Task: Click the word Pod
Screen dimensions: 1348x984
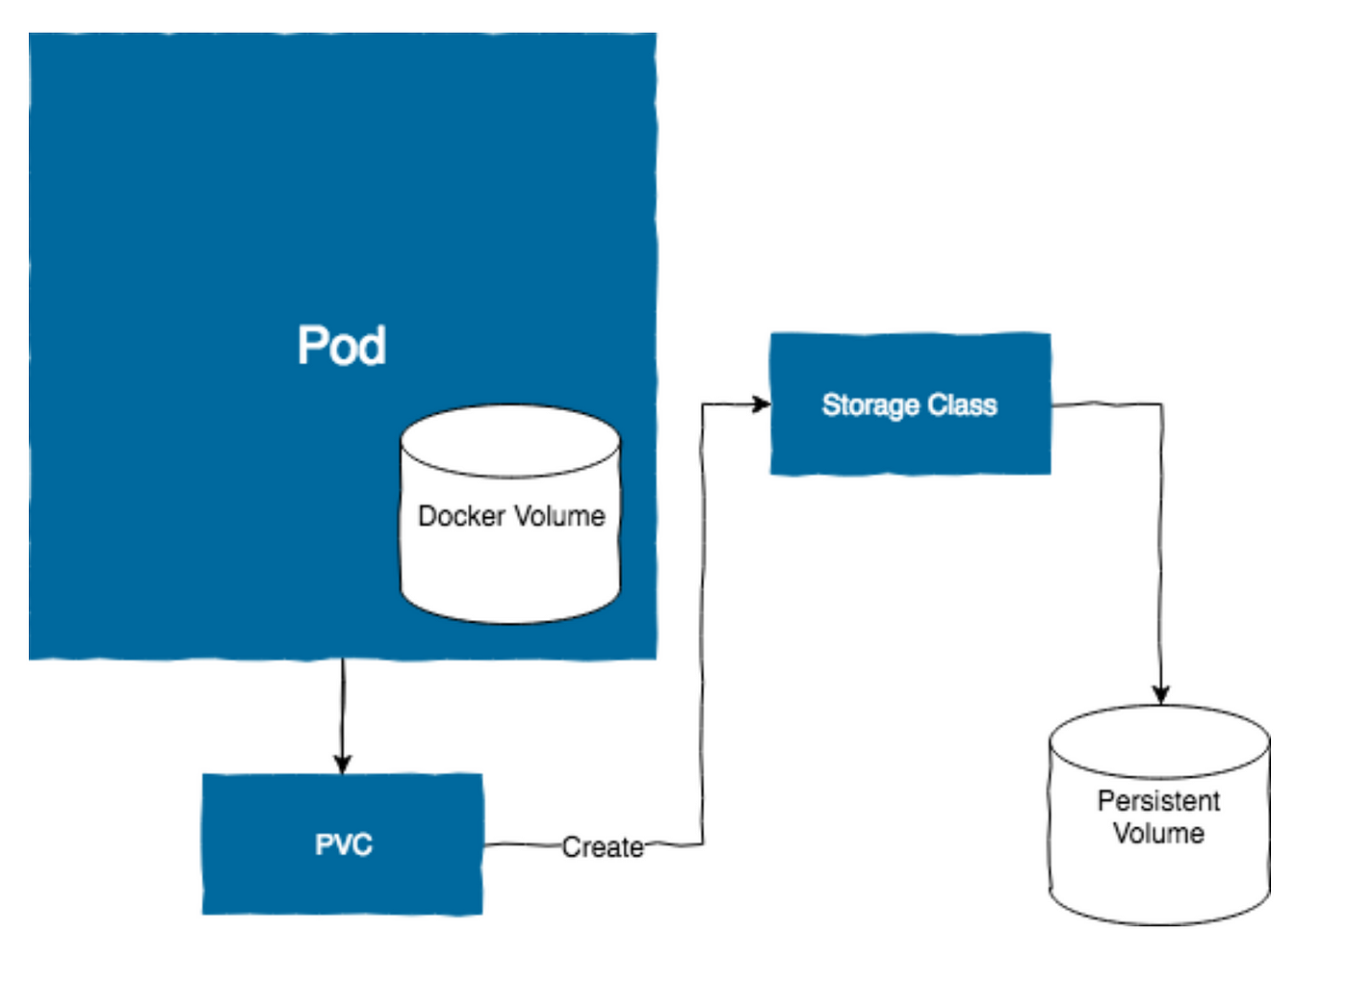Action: (x=342, y=346)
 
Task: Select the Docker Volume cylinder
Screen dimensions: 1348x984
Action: (x=511, y=514)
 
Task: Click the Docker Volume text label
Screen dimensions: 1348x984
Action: (x=511, y=516)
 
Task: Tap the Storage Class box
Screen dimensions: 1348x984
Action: (x=911, y=403)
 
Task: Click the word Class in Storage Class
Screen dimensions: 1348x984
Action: (x=962, y=404)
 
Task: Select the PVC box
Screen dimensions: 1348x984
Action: (x=343, y=844)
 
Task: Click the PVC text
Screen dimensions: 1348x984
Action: (x=344, y=844)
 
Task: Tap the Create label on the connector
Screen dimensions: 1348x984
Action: (x=603, y=847)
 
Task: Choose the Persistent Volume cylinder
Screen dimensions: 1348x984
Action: (x=1159, y=815)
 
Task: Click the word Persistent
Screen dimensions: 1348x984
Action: (x=1159, y=801)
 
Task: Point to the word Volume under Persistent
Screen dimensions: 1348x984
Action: (x=1159, y=834)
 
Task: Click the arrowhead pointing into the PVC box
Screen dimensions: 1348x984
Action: (x=343, y=764)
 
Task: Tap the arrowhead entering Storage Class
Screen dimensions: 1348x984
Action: (x=762, y=403)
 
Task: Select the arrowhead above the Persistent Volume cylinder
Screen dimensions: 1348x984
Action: (x=1161, y=694)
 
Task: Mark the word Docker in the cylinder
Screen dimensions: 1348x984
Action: (x=461, y=516)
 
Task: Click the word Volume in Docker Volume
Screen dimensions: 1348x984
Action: (x=559, y=516)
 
